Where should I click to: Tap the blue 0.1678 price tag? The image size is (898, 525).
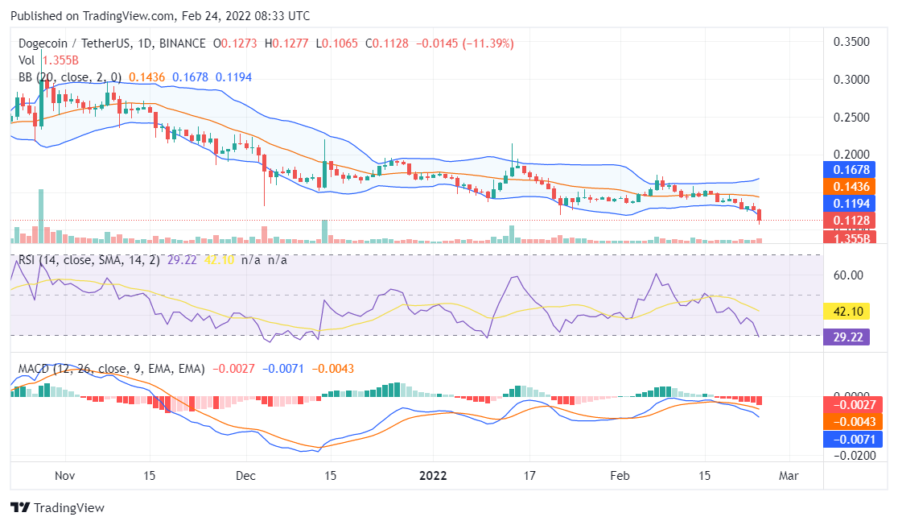[853, 170]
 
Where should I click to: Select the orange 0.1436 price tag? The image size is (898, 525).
[853, 186]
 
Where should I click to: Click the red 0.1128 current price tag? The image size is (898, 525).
[853, 221]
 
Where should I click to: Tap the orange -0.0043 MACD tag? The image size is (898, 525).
[853, 421]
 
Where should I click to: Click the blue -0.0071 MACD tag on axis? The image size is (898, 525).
[853, 440]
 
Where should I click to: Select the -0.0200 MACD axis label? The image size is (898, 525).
[852, 455]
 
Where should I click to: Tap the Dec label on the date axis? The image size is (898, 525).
[246, 475]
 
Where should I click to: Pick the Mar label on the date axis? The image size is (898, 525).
[789, 475]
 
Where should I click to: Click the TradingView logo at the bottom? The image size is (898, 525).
[57, 508]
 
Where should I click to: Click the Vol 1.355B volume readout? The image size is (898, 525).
[48, 60]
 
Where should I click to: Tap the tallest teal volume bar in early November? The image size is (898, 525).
[40, 216]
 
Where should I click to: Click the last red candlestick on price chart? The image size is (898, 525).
[760, 215]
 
